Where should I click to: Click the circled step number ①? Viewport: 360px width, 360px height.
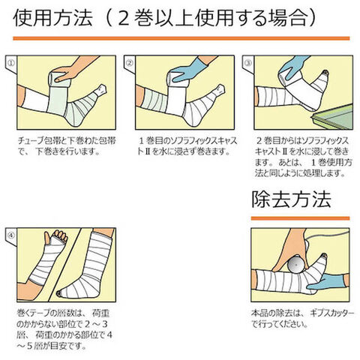click(11, 63)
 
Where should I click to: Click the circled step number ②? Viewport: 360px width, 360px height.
click(130, 63)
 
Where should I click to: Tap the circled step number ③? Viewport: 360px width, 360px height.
click(248, 63)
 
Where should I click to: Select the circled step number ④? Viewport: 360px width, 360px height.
click(11, 235)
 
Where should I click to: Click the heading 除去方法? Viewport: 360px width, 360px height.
click(291, 199)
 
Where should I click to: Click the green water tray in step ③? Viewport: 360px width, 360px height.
click(332, 118)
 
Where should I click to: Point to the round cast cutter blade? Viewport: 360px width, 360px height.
click(295, 264)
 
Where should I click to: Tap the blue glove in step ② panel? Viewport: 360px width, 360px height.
click(189, 71)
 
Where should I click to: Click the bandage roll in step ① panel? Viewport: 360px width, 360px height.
click(58, 79)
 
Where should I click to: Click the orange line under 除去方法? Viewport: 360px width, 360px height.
click(300, 218)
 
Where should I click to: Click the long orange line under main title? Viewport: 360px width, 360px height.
click(181, 38)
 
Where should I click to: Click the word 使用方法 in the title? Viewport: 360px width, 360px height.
click(52, 18)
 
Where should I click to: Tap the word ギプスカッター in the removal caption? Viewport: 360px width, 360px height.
click(332, 313)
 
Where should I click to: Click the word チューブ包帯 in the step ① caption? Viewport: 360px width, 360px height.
click(37, 141)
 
